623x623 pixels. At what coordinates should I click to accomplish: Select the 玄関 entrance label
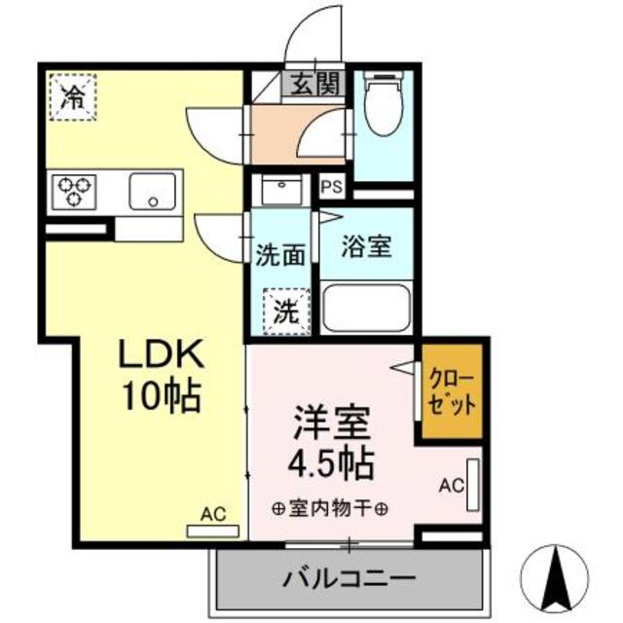coord(314,85)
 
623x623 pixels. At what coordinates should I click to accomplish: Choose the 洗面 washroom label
coord(280,256)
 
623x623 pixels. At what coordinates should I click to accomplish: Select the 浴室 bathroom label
coord(366,247)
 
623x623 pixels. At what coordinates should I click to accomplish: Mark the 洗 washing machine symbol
coord(285,313)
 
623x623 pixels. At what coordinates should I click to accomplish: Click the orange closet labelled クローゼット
coord(453,391)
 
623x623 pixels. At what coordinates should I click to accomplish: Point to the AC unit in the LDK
coord(213,530)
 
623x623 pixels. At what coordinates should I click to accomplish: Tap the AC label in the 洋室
coord(451,484)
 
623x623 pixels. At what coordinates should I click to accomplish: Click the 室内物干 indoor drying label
coord(331,509)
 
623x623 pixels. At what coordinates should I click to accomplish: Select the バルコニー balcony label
coord(349,579)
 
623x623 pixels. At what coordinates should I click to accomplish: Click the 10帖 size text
coord(161,396)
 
